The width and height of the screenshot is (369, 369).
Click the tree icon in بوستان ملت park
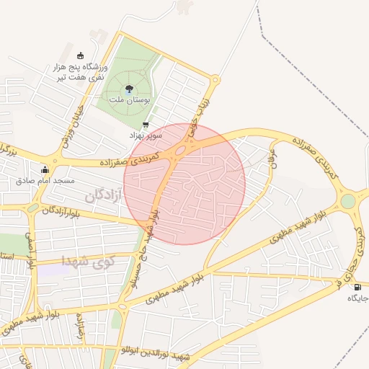click(129, 89)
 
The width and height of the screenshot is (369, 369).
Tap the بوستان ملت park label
click(129, 102)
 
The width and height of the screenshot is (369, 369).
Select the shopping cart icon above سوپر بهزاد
click(146, 125)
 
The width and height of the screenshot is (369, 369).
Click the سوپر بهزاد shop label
click(146, 135)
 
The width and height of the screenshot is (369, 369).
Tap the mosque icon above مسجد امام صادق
click(45, 169)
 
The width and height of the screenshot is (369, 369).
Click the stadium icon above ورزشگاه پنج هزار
click(80, 56)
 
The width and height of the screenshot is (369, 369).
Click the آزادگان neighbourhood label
click(105, 195)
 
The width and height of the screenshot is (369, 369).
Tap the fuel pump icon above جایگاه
click(358, 288)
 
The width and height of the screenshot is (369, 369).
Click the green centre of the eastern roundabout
click(349, 200)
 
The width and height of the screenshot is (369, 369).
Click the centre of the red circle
click(184, 184)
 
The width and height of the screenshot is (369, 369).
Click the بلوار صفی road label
click(31, 249)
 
